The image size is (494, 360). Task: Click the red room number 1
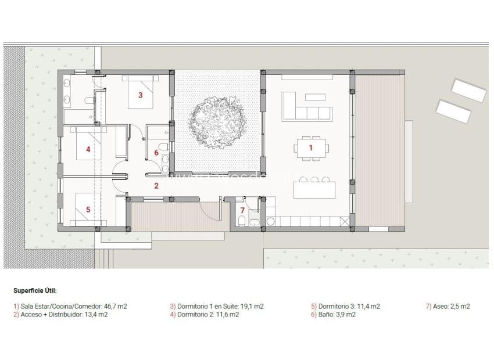(310, 148)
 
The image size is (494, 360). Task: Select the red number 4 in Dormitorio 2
(88, 149)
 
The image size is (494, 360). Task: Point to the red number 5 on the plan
(88, 209)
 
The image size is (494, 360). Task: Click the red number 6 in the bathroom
(156, 153)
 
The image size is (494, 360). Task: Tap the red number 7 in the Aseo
(242, 210)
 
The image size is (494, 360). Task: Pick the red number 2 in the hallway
(156, 186)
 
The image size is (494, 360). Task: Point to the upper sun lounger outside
(468, 90)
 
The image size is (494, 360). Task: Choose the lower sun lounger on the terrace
(453, 111)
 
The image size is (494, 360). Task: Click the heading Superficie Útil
(35, 290)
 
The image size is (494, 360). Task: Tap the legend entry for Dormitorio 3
(345, 306)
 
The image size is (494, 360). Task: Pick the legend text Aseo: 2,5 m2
(448, 306)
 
